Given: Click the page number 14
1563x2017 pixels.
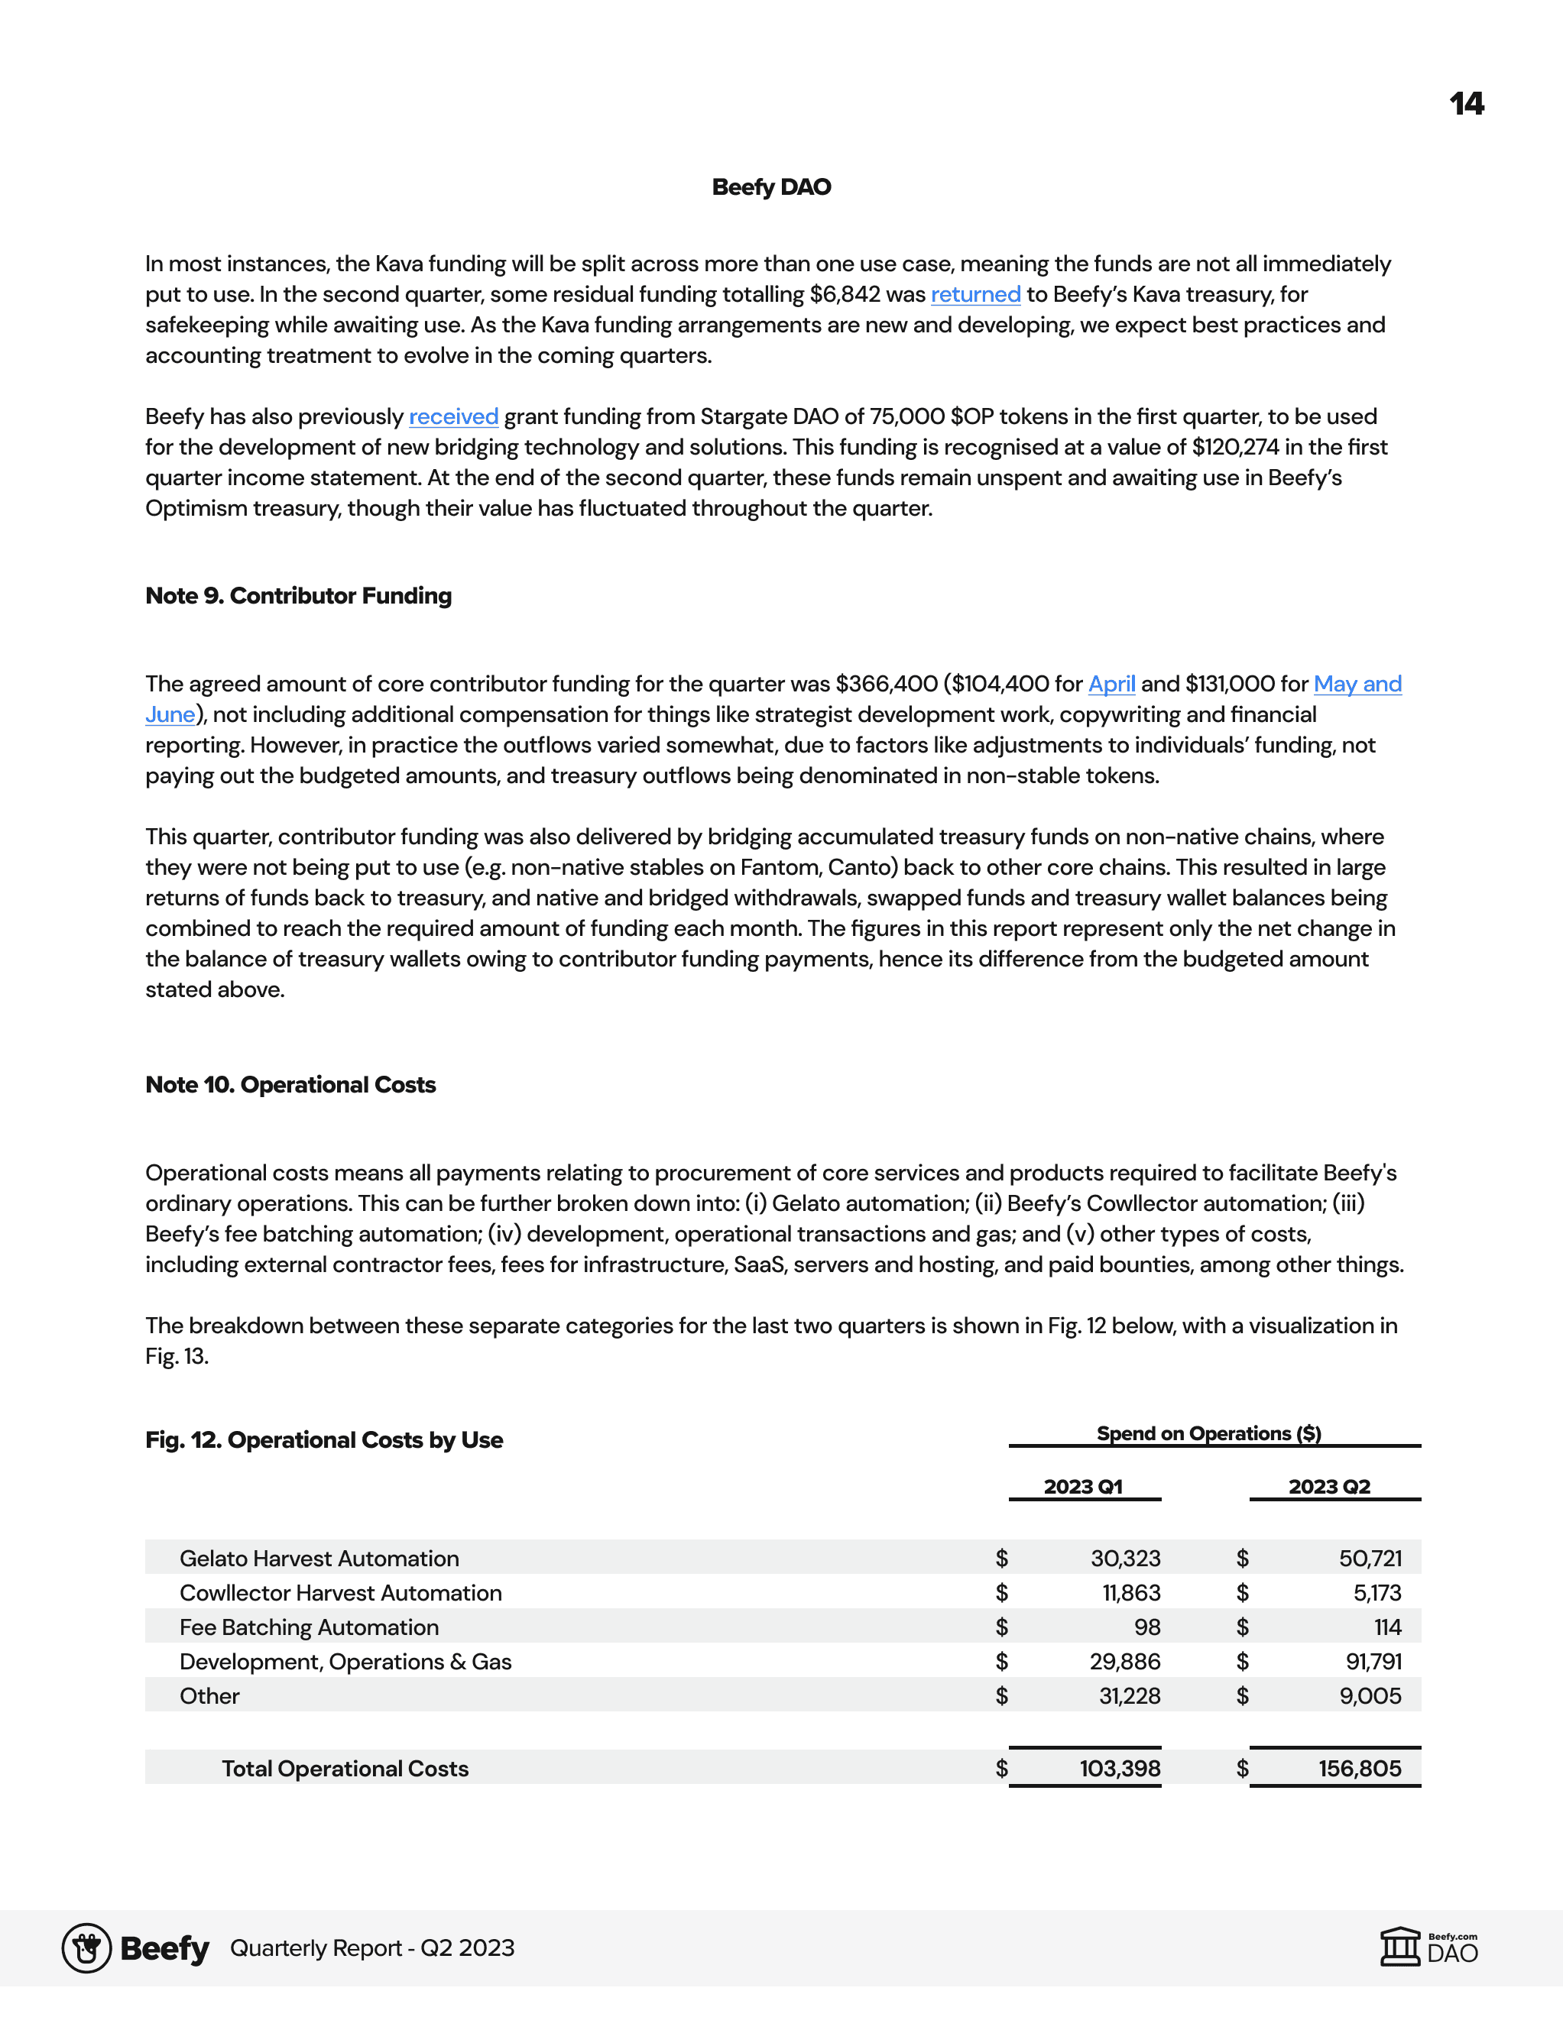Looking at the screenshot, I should [1466, 103].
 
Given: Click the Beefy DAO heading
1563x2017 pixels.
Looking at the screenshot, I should [771, 187].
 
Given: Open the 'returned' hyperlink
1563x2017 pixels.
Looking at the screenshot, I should [975, 295].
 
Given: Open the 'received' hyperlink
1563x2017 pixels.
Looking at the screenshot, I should [453, 417].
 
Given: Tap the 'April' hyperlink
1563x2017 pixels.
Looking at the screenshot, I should [1111, 685].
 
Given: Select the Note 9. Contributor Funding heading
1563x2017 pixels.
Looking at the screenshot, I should [298, 596].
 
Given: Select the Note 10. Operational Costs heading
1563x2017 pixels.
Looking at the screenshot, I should [290, 1085].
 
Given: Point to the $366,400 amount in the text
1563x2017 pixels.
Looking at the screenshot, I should [886, 685].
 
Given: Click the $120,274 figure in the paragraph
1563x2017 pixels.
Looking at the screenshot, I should [1235, 448].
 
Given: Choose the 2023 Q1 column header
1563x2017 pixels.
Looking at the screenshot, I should [1083, 1487].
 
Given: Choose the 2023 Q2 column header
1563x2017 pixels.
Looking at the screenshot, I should [1329, 1487].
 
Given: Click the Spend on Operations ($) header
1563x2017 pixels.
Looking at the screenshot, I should [1208, 1433].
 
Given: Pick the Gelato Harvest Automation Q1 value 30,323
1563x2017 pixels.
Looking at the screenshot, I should [1125, 1559].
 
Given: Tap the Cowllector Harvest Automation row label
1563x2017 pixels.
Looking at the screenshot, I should [341, 1593].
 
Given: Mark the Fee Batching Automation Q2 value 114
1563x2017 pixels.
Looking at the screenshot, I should [1387, 1627].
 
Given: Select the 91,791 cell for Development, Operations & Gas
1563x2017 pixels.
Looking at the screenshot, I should [1373, 1662].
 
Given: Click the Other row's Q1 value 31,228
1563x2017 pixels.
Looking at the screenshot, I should [1129, 1697].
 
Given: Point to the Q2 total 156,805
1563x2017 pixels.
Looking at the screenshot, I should [1359, 1769].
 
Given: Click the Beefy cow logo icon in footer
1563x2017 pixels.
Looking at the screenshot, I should [87, 1949].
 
